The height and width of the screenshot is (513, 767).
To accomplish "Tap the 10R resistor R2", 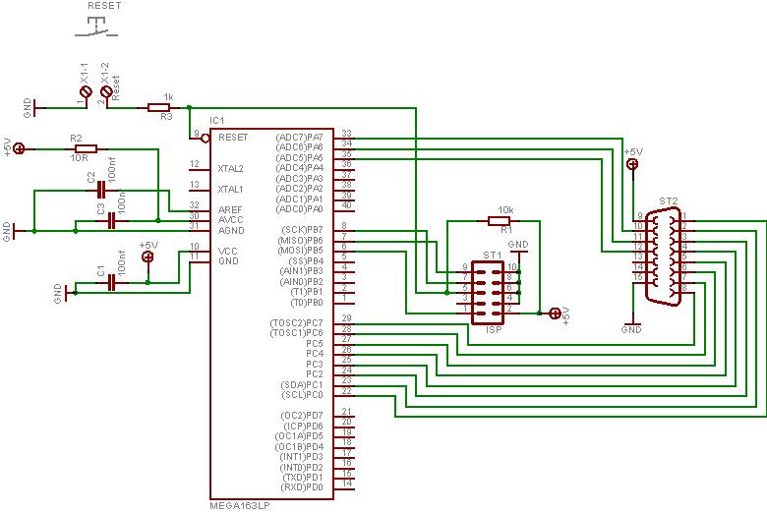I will click(x=85, y=148).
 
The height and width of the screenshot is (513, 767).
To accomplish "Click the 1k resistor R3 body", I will click(x=160, y=107).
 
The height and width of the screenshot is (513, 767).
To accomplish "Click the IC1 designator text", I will click(x=217, y=120).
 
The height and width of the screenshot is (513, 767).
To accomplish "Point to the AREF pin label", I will click(x=230, y=209).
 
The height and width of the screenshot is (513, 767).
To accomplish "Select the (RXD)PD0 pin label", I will click(x=302, y=487).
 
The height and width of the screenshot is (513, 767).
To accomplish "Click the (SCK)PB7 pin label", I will click(x=302, y=230).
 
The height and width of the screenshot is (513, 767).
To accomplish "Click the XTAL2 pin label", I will click(x=231, y=168).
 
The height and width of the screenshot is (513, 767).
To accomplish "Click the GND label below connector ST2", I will click(x=631, y=330).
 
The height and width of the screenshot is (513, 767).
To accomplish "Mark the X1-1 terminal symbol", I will click(x=86, y=91).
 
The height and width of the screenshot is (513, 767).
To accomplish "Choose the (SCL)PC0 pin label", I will click(x=303, y=394).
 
